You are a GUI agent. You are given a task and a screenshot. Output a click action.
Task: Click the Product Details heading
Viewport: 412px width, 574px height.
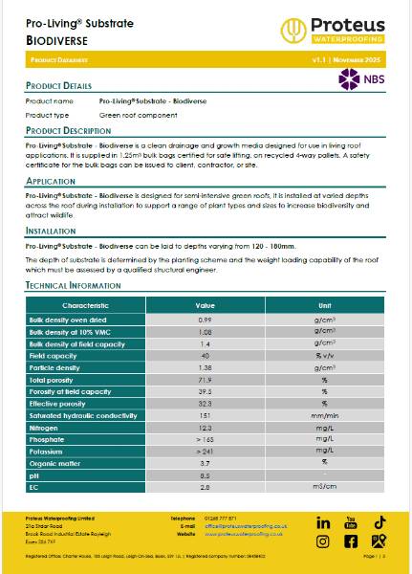(58, 86)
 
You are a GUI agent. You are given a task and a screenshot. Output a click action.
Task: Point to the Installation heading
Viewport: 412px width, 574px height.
(51, 231)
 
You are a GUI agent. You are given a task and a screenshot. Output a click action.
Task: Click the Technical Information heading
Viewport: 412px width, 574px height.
(73, 286)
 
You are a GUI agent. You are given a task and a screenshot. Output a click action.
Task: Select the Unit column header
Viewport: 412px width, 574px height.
(324, 304)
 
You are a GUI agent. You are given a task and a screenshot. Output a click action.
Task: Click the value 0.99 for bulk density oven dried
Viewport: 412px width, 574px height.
(204, 319)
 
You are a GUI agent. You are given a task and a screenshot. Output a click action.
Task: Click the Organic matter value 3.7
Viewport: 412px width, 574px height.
(204, 462)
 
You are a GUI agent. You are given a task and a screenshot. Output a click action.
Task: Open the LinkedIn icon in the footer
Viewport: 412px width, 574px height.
(323, 522)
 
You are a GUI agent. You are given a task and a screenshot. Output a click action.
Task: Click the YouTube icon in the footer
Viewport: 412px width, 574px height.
(351, 522)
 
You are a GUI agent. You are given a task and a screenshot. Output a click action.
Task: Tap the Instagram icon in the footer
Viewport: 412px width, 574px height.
(323, 541)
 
